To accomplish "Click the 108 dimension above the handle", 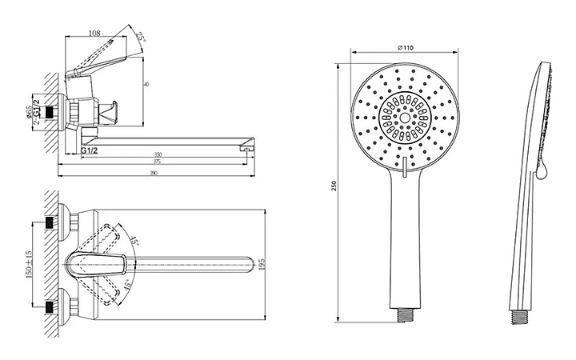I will pyautogui.click(x=94, y=33).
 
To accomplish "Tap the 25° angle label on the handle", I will pyautogui.click(x=142, y=35).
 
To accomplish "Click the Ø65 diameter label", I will pyautogui.click(x=29, y=112).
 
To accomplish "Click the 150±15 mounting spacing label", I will pyautogui.click(x=30, y=263).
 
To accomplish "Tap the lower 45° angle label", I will pyautogui.click(x=126, y=284).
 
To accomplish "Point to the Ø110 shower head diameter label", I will pyautogui.click(x=406, y=49).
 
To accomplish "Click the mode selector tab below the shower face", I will pyautogui.click(x=406, y=169).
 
